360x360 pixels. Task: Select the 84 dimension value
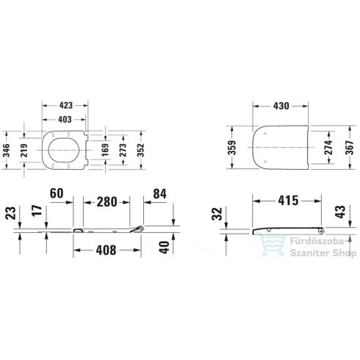(159, 195)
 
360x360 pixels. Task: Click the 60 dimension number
(57, 195)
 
